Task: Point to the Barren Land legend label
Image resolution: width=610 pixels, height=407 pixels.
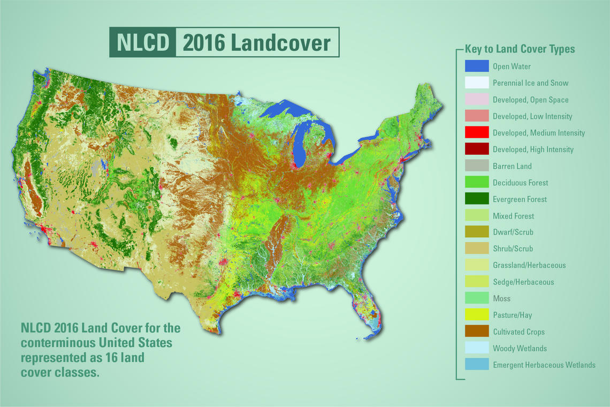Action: [512, 166]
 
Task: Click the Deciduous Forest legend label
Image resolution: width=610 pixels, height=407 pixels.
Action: [520, 183]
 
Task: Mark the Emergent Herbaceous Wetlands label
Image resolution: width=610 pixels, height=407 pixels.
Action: [544, 365]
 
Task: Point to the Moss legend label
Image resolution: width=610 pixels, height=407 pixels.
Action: [501, 299]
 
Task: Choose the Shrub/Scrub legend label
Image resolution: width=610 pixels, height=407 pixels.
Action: [513, 249]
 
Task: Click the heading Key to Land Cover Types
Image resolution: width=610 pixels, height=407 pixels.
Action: [520, 49]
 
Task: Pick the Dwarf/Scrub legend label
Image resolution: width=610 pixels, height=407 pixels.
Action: [513, 232]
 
